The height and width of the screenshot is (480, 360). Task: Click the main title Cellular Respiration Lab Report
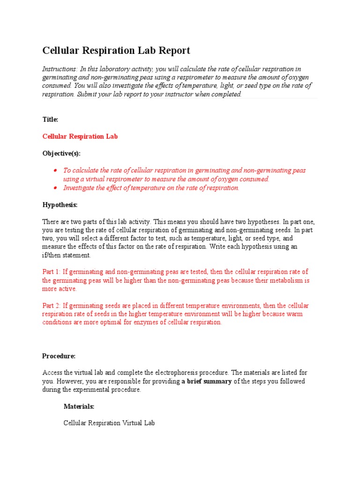pos(116,51)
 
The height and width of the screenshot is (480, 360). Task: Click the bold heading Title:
pos(50,120)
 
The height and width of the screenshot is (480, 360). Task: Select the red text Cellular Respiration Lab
pos(80,136)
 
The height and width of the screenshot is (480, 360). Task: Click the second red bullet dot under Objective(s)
pos(55,188)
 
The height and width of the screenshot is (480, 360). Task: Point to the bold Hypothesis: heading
pos(60,205)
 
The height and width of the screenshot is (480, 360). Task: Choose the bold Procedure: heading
pos(59,356)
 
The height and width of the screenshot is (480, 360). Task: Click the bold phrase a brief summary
pos(207,381)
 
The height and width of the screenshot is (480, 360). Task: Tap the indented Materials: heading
pos(79,406)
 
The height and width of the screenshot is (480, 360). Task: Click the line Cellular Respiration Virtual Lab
pos(109,423)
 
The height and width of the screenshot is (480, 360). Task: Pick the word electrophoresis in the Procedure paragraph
pos(179,373)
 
